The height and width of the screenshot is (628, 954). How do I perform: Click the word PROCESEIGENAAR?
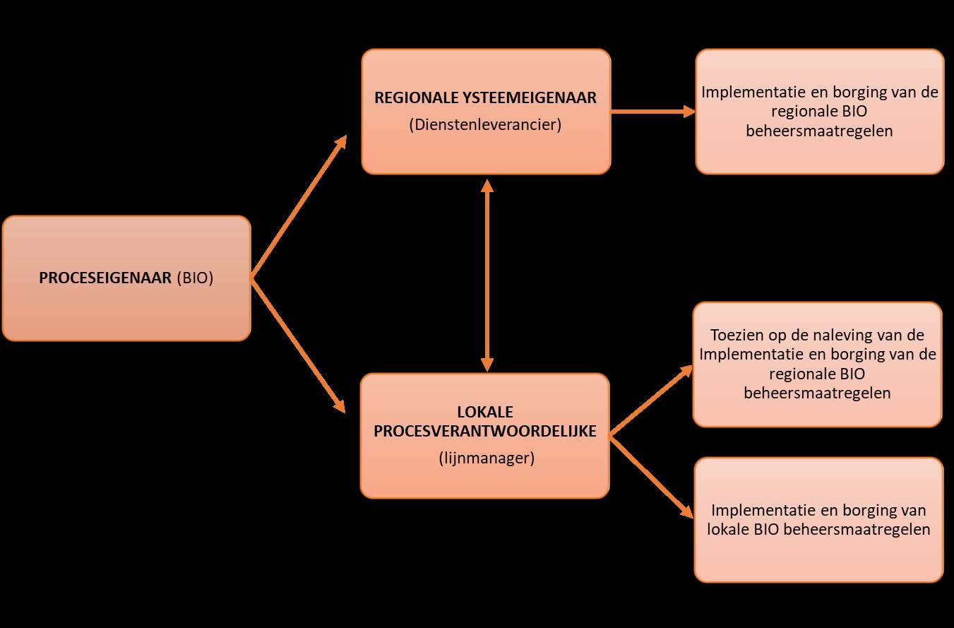tap(105, 278)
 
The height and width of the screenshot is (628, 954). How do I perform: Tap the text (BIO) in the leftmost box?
tap(194, 278)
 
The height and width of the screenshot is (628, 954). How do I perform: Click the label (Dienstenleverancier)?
tap(485, 125)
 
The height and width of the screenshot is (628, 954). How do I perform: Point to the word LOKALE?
tap(484, 412)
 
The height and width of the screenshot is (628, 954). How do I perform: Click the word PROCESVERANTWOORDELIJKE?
tap(485, 432)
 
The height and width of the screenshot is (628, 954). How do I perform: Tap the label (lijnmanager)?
tap(485, 458)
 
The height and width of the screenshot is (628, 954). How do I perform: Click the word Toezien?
tap(735, 335)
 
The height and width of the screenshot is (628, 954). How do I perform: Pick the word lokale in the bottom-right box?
tap(727, 529)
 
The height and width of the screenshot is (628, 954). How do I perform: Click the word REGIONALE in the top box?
tap(407, 98)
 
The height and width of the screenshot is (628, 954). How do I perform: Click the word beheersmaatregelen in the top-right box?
tap(819, 131)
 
